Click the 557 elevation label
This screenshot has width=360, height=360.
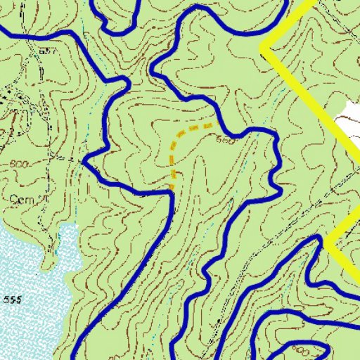tap(49, 52)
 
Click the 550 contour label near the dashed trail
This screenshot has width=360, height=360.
tap(227, 139)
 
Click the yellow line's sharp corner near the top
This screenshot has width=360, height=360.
tap(264, 49)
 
